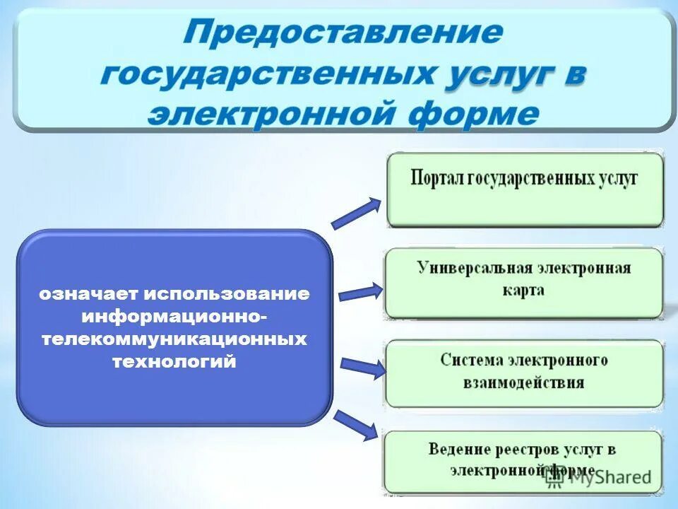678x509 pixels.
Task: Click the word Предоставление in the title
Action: pos(344,34)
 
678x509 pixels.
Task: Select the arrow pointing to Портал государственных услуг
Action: pos(357,213)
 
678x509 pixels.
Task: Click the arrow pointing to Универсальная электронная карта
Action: pos(360,292)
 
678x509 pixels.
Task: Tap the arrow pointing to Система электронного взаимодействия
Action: pos(362,367)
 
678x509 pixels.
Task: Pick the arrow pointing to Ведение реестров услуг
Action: pos(357,425)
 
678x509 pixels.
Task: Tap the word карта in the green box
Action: pos(523,291)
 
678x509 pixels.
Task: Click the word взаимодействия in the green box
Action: pos(523,383)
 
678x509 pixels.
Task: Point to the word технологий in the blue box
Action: pos(174,361)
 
